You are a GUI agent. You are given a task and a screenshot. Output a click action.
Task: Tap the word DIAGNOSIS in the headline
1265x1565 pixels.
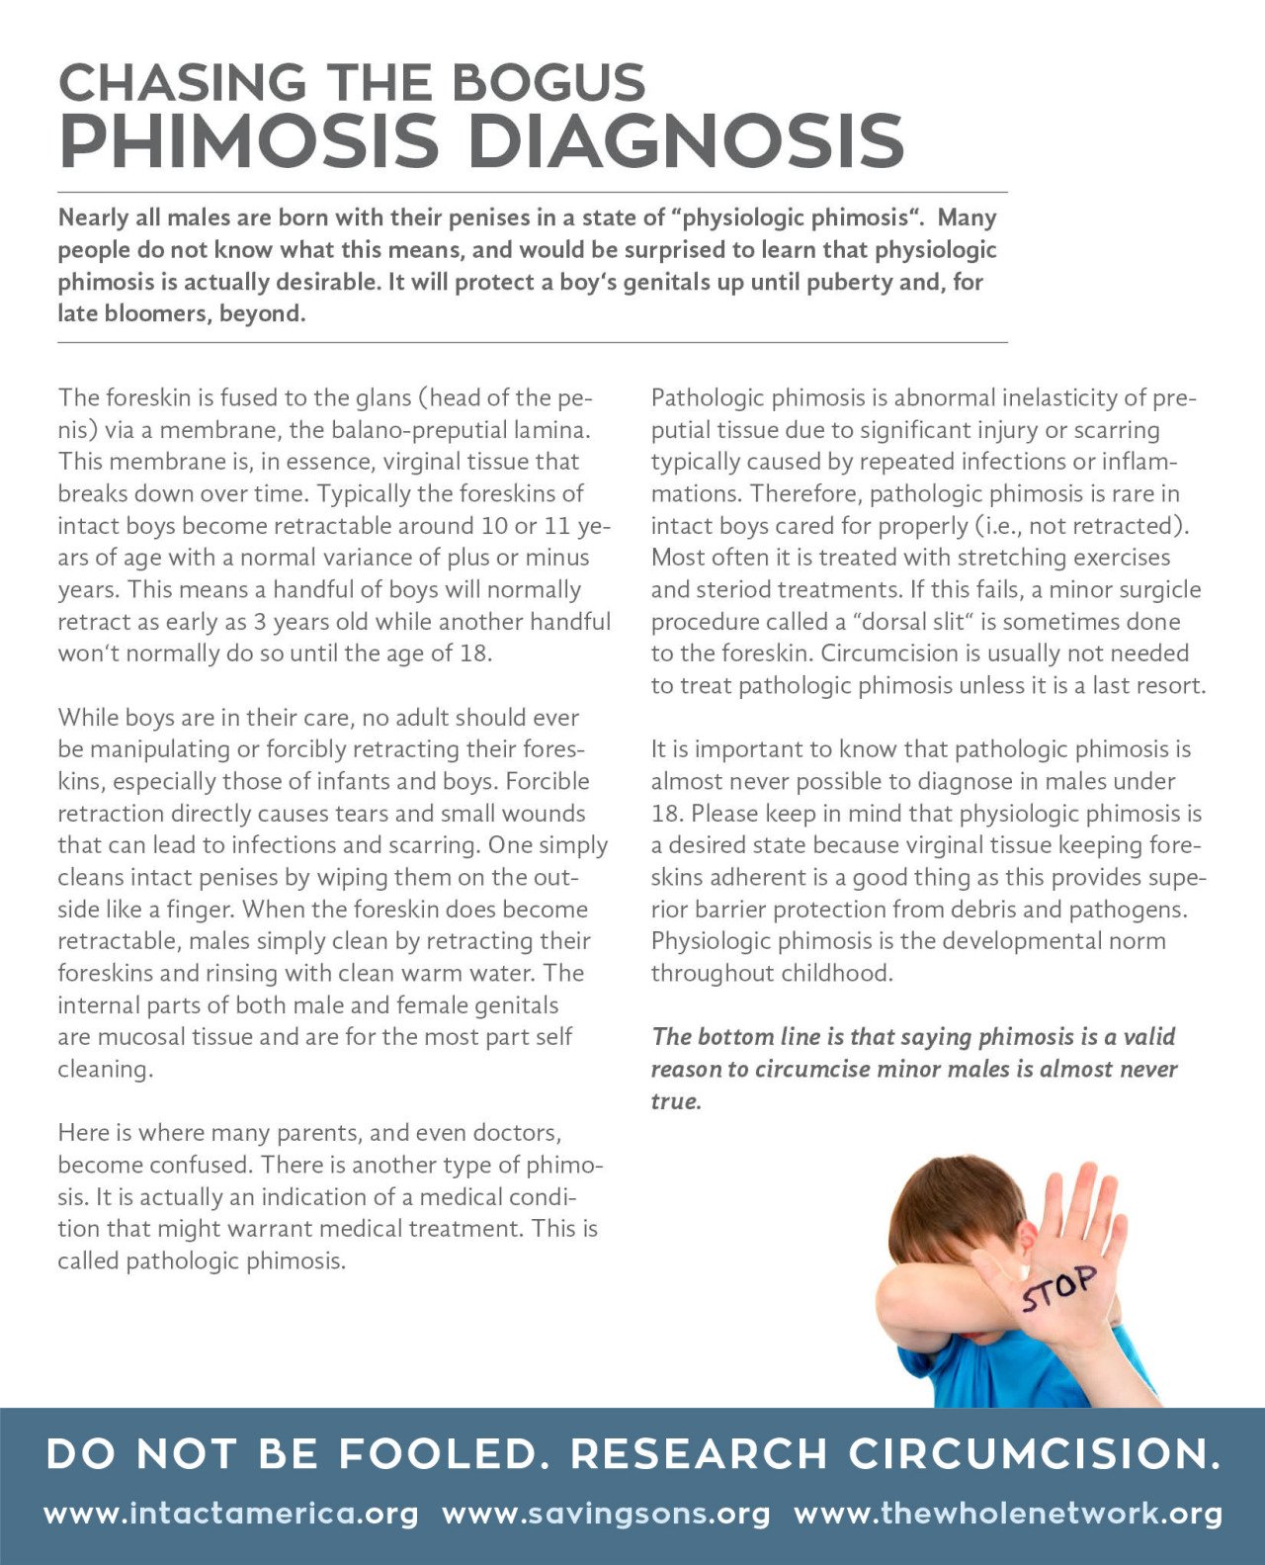click(x=685, y=140)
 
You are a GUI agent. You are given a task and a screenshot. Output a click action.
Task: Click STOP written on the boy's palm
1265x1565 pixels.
click(x=1058, y=1288)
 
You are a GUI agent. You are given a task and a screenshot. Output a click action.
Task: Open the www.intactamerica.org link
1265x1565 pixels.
click(x=231, y=1514)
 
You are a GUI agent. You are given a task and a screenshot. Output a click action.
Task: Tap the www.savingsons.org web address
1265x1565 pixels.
click(x=606, y=1514)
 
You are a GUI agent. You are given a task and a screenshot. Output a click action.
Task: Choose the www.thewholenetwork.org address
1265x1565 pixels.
click(x=1008, y=1514)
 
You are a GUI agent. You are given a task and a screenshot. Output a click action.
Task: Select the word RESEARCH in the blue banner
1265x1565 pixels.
click(x=699, y=1453)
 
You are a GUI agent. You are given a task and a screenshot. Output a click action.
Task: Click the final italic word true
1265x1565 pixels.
click(x=675, y=1101)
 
